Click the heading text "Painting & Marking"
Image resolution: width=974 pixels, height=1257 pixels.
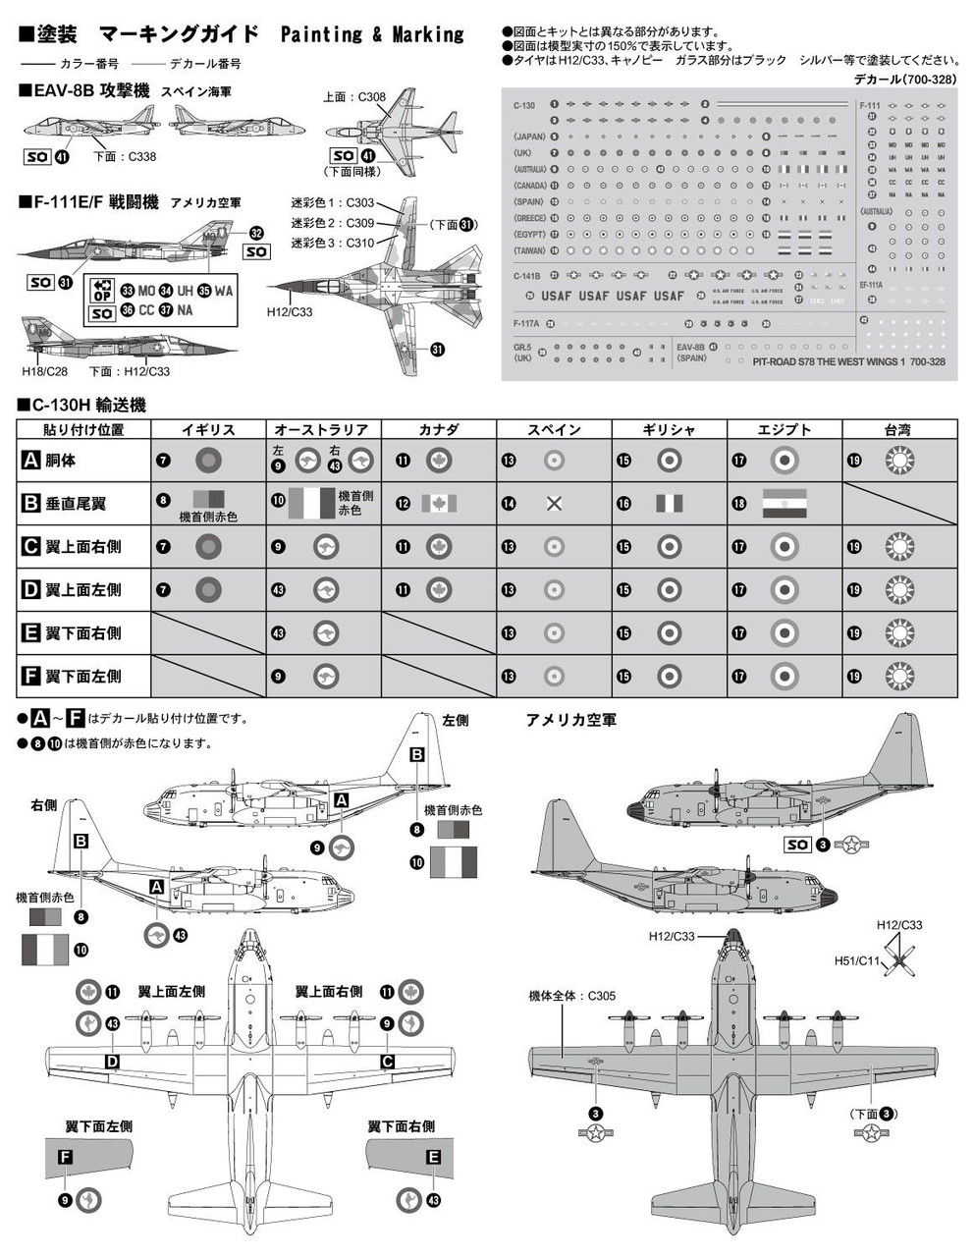372,34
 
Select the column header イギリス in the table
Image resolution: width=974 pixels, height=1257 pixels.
208,429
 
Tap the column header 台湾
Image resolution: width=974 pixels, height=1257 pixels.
899,429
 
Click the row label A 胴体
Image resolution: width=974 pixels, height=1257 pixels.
49,460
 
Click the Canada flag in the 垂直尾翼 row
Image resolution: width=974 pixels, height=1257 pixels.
439,503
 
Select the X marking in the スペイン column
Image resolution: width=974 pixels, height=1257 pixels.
554,503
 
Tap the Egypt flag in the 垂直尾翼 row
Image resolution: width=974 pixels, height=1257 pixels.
785,503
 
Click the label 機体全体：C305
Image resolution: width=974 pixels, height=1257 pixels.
571,996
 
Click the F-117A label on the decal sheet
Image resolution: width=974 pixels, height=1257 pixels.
529,322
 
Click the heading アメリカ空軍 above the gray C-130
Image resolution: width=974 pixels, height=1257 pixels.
571,720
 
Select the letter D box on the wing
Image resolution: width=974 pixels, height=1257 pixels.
113,1061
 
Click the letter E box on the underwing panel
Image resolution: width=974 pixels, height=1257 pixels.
433,1157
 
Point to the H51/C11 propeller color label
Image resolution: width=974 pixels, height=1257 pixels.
857,960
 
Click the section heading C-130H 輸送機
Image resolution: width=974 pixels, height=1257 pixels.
81,406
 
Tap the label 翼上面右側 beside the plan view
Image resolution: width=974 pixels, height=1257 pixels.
329,992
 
